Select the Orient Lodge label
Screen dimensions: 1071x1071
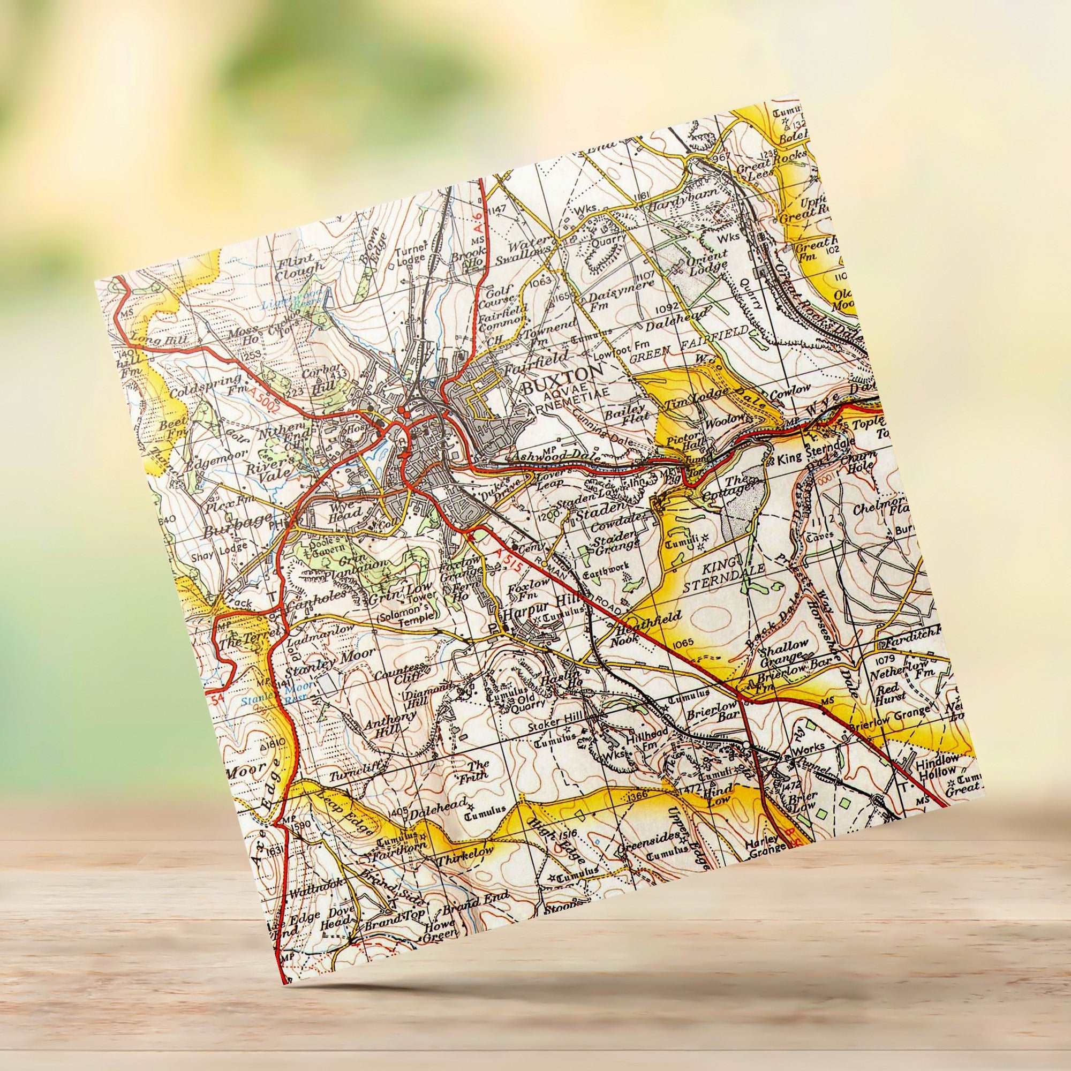click(x=707, y=265)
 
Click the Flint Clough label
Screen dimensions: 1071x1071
click(x=300, y=265)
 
